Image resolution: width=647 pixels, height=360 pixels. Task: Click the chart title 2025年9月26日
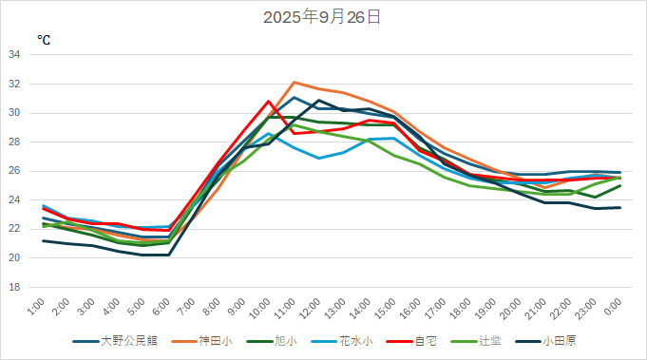click(323, 16)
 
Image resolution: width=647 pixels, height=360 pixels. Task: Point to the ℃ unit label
click(44, 40)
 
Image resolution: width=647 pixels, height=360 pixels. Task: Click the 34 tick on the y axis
click(14, 55)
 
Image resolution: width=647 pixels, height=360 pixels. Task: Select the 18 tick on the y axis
click(14, 287)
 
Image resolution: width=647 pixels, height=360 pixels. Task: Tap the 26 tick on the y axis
click(14, 171)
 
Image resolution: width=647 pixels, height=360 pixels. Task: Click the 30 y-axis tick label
click(14, 113)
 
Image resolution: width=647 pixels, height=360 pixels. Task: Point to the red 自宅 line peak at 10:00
click(269, 101)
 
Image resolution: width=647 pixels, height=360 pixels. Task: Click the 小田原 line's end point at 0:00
click(620, 207)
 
